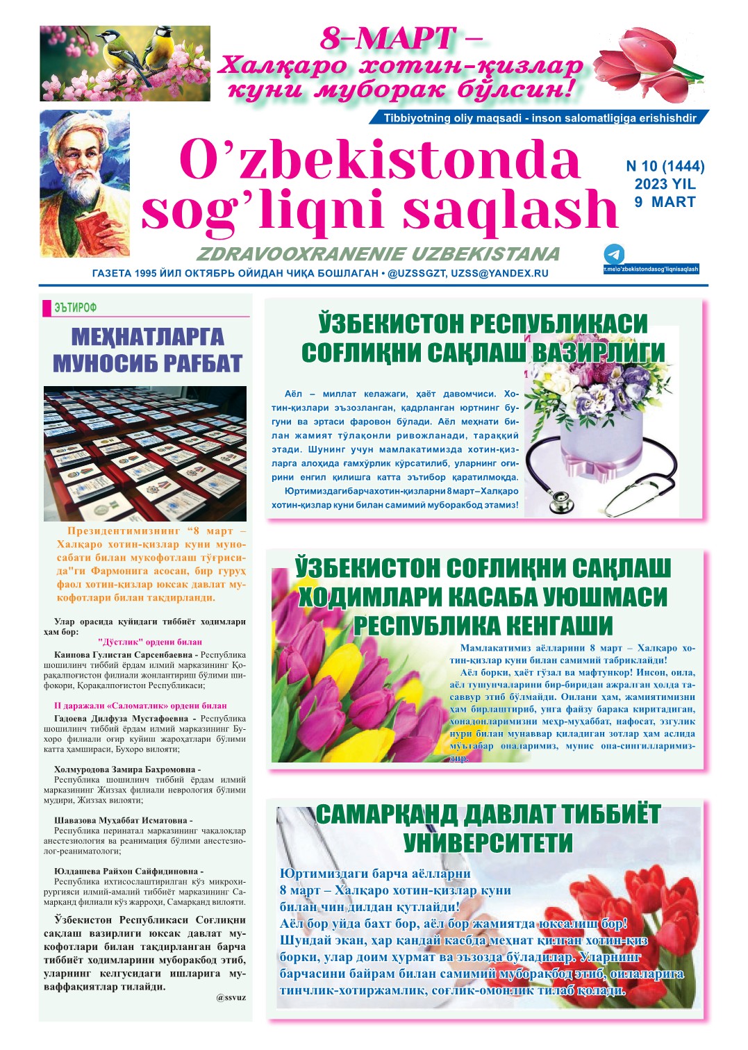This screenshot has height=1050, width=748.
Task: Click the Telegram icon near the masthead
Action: click(614, 253)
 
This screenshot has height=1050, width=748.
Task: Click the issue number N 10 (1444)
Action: click(665, 166)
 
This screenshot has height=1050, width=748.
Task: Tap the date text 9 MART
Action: click(665, 202)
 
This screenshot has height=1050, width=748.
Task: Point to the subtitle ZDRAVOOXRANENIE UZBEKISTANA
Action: click(378, 253)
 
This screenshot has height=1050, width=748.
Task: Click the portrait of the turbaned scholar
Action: click(84, 183)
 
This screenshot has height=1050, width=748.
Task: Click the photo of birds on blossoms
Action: click(125, 63)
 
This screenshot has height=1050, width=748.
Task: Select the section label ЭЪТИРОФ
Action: click(75, 308)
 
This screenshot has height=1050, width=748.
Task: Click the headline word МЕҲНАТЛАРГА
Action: click(147, 337)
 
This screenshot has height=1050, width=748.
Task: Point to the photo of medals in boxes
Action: click(145, 453)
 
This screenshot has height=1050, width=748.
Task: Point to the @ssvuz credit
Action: click(231, 997)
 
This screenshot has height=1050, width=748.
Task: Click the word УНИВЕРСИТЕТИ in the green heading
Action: click(488, 843)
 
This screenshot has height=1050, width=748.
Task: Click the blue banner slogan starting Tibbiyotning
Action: click(540, 118)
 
